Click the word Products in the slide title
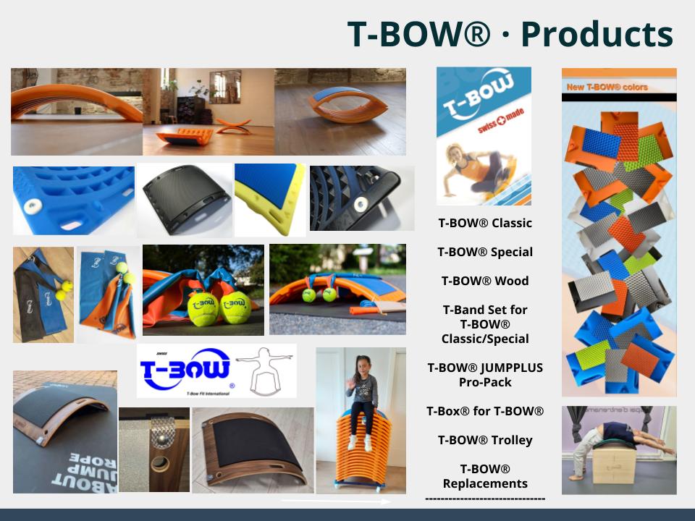597,33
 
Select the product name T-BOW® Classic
484,223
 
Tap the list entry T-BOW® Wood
484,281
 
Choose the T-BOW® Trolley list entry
484,440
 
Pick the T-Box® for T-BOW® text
484,411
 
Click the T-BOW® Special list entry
484,252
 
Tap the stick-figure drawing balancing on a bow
266,370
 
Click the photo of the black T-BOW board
184,200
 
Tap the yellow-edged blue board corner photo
269,198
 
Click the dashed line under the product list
484,499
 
